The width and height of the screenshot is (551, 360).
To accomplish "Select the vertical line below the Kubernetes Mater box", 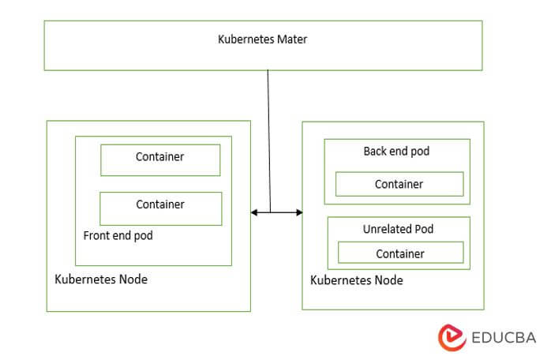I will pyautogui.click(x=268, y=134).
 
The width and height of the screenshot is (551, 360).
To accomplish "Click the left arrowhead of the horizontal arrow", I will pyautogui.click(x=254, y=212).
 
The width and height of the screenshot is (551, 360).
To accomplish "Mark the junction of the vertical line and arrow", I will pyautogui.click(x=269, y=212).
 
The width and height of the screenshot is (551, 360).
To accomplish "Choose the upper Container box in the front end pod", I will pyautogui.click(x=160, y=159).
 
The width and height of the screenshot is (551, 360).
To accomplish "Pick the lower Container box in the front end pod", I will pyautogui.click(x=160, y=208).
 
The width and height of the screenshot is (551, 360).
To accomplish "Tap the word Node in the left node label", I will pyautogui.click(x=132, y=279).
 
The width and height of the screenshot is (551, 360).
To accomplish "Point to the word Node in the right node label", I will pyautogui.click(x=388, y=280).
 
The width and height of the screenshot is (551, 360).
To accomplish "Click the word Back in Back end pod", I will pyautogui.click(x=377, y=151).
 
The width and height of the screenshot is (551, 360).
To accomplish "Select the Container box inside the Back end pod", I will pyautogui.click(x=399, y=184).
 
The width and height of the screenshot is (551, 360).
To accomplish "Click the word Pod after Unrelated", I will pyautogui.click(x=424, y=229).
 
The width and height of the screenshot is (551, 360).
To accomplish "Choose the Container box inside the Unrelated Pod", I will pyautogui.click(x=400, y=253).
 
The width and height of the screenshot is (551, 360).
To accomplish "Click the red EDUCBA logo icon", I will pyautogui.click(x=452, y=336).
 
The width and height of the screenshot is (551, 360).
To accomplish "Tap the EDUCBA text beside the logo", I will pyautogui.click(x=503, y=337).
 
